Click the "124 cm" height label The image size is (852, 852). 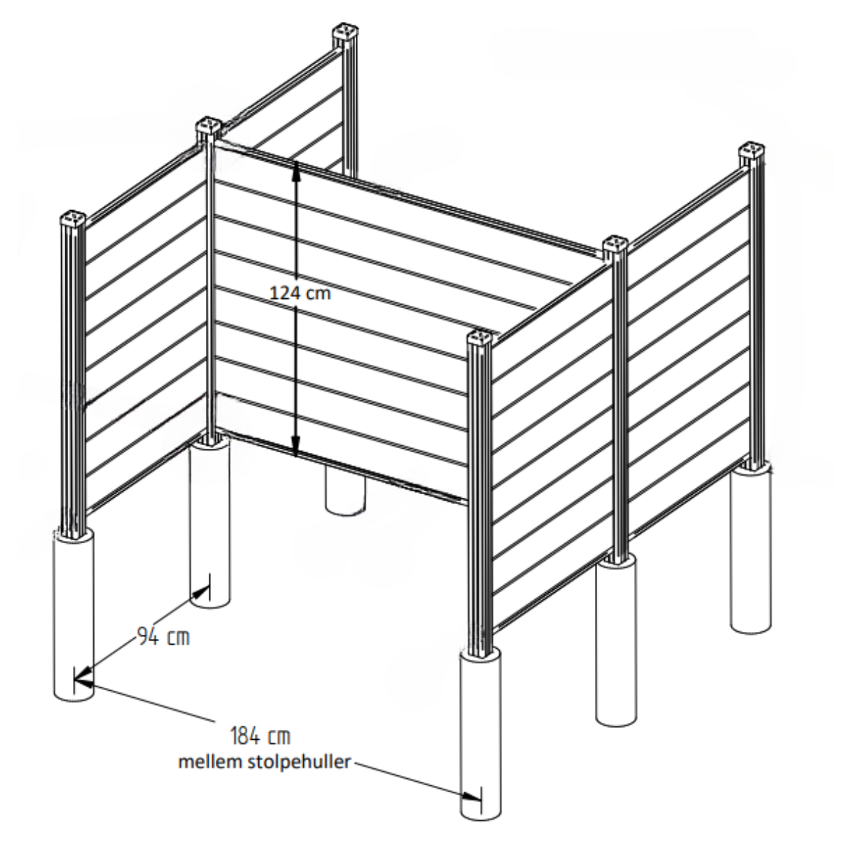[300, 293]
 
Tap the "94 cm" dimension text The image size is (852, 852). [163, 637]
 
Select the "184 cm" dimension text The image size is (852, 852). [261, 736]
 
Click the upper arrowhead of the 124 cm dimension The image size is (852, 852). [296, 170]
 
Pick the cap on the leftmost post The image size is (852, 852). [73, 219]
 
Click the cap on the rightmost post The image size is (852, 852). [753, 152]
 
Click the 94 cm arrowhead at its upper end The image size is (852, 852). [202, 591]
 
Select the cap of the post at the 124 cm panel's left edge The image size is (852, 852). [208, 126]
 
